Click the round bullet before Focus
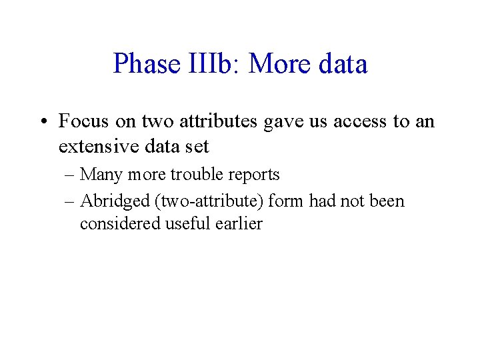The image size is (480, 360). pos(43,122)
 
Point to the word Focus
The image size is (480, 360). pos(82,121)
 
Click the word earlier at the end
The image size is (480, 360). pos(239,224)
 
